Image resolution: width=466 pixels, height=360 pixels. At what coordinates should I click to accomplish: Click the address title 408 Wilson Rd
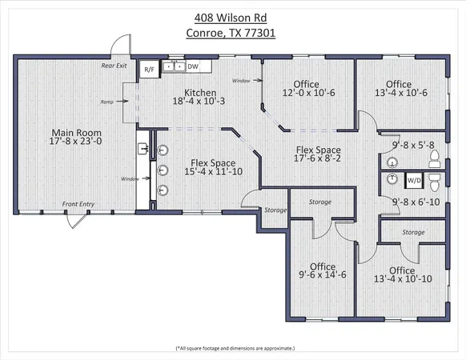coord(233,17)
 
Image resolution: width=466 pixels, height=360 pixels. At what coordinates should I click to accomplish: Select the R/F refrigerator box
coord(149,69)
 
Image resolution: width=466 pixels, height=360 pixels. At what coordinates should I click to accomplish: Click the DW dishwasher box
coord(193,67)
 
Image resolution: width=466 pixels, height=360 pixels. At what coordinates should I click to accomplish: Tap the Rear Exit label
coord(114,66)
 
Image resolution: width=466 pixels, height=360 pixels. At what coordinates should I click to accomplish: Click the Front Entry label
coord(78,204)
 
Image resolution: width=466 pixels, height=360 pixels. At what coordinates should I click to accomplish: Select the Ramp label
coord(106,102)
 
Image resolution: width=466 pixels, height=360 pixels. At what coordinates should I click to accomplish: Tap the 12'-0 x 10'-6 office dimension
coord(306,93)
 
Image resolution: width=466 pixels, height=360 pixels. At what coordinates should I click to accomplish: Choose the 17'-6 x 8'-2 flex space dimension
coord(318,159)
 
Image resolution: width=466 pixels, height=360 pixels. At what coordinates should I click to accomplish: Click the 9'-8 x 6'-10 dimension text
coord(413,203)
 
